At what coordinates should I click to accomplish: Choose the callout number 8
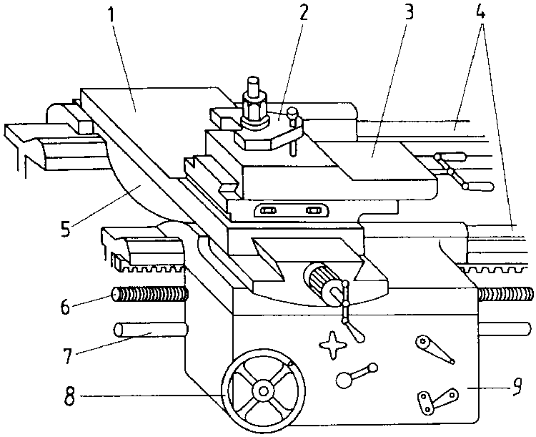(x=69, y=397)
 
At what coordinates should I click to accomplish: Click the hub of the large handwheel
(x=263, y=391)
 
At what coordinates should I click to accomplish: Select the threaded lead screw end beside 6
(x=150, y=295)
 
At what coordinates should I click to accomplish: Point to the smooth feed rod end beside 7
(x=150, y=330)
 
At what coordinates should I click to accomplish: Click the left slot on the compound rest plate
(x=268, y=210)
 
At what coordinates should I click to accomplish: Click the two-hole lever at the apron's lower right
(x=437, y=401)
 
